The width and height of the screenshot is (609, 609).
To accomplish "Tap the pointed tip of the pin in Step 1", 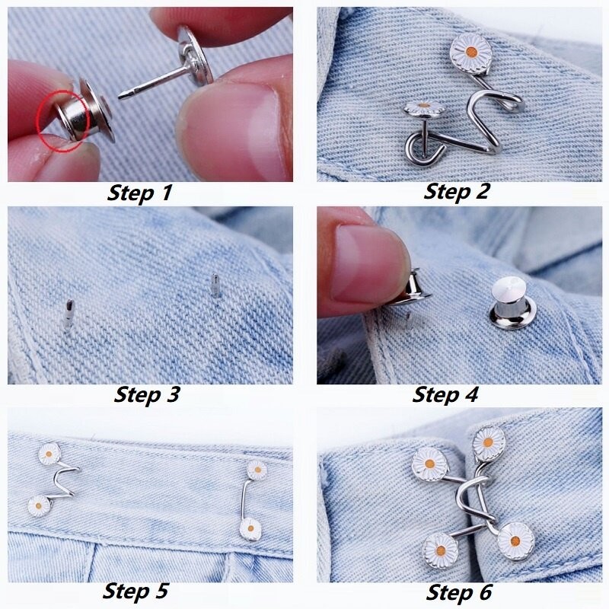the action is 120,97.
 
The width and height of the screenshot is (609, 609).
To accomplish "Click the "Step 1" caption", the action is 139,193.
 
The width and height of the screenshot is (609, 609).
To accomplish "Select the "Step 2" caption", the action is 455,192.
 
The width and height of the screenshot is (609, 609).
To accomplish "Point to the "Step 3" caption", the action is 147,395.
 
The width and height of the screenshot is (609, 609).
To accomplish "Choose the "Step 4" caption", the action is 445,395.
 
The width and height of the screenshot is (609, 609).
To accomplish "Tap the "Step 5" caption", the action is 136,591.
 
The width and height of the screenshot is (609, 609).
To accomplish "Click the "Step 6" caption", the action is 459,593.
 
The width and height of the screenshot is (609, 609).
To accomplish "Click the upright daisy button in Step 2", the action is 470,53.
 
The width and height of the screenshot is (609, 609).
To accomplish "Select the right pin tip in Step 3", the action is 215,285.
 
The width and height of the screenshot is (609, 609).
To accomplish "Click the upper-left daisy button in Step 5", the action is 49,454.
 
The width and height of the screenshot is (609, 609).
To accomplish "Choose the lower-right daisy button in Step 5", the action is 250,529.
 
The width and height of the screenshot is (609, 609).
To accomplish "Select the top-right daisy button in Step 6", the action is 489,443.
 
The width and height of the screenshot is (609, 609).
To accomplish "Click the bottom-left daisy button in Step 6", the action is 441,550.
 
